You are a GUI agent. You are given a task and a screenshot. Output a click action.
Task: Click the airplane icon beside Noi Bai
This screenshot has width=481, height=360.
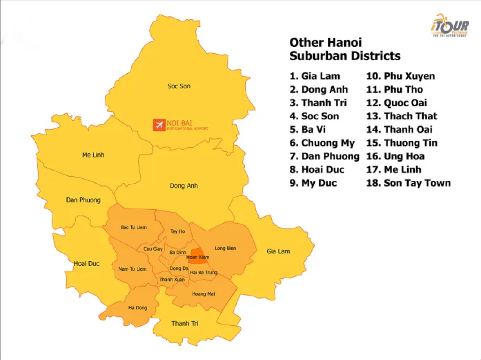click(x=159, y=125)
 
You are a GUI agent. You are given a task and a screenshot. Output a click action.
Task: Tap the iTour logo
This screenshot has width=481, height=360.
click(x=449, y=26)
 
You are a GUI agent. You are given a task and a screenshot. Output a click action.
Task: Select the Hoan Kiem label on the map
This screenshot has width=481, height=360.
click(x=197, y=257)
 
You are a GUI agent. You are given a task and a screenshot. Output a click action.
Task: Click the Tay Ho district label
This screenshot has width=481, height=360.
click(x=178, y=231)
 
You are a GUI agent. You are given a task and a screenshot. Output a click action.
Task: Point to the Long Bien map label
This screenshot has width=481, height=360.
click(x=225, y=248)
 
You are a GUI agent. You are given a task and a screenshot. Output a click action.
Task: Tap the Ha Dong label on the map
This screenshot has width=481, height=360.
click(x=138, y=308)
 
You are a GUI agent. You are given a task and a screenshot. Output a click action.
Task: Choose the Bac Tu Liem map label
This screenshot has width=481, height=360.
click(x=133, y=227)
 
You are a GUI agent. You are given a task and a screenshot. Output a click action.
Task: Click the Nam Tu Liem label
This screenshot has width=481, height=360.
click(x=132, y=269)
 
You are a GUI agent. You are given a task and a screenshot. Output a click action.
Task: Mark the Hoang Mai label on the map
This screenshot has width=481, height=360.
click(x=203, y=294)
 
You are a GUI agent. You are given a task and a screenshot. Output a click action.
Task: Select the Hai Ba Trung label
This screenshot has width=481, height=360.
click(x=203, y=272)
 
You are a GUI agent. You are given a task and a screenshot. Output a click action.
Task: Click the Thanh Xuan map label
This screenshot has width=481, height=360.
click(x=172, y=280)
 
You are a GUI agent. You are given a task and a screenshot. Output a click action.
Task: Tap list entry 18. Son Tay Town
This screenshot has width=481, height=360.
click(x=408, y=183)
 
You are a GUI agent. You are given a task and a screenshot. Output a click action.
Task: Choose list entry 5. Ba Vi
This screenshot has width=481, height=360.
click(x=308, y=129)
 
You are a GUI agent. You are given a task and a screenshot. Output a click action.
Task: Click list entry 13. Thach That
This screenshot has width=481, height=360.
click(x=402, y=116)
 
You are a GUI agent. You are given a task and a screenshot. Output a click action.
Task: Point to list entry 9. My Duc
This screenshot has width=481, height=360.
click(x=313, y=183)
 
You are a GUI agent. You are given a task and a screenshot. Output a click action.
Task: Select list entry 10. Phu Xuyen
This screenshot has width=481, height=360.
click(x=401, y=76)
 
